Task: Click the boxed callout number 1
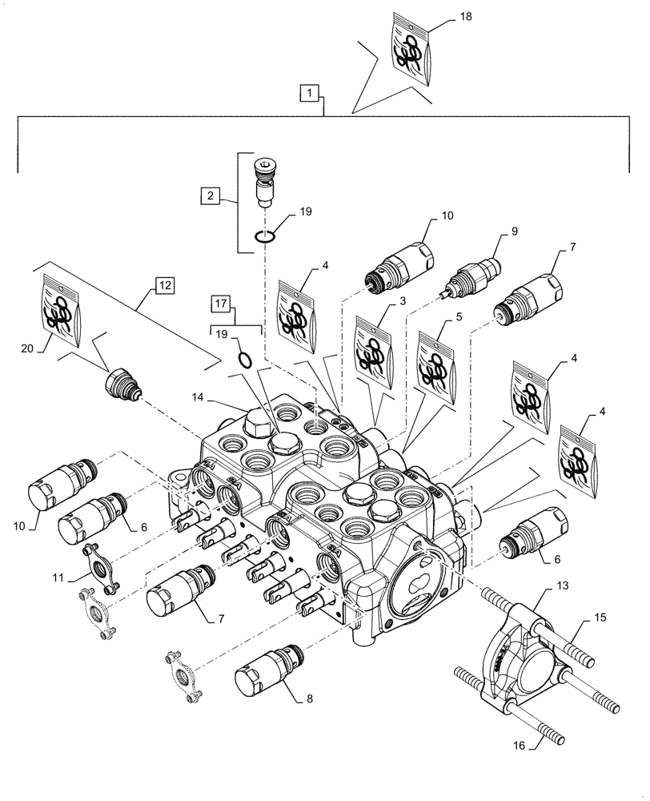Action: point(309,94)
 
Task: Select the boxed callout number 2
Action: point(208,195)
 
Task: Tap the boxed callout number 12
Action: point(163,284)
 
